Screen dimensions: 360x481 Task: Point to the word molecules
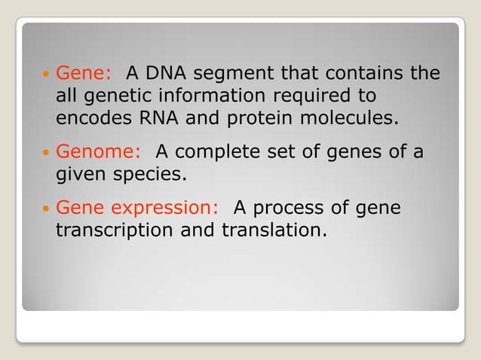345,118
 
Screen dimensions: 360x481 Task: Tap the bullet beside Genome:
45,152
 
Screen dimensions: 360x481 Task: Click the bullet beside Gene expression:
45,207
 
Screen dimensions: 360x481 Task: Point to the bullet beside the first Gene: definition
45,74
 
